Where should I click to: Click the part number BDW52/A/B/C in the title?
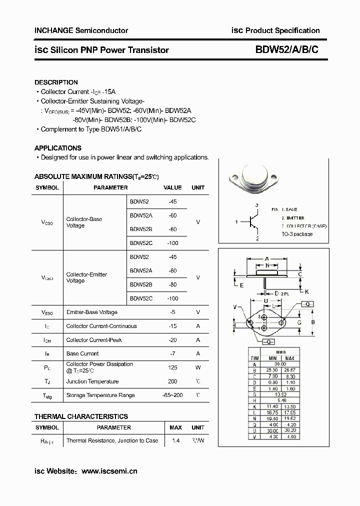[x=287, y=49]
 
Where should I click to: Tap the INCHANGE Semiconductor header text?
[x=81, y=30]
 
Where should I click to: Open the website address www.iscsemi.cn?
[x=109, y=471]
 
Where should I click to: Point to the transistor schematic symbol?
[x=252, y=221]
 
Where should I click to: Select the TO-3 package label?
[x=296, y=234]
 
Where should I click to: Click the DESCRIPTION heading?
[x=56, y=82]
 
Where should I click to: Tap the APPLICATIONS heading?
[x=57, y=148]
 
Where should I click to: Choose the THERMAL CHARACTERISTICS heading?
[x=81, y=416]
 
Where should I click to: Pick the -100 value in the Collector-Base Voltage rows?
[x=172, y=243]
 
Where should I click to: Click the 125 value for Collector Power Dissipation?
[x=173, y=367]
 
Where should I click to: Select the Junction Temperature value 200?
[x=173, y=381]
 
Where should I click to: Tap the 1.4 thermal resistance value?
[x=175, y=440]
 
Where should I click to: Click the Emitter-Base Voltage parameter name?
[x=91, y=312]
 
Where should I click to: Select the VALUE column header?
[x=172, y=187]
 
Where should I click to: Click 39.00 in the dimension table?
[x=272, y=364]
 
